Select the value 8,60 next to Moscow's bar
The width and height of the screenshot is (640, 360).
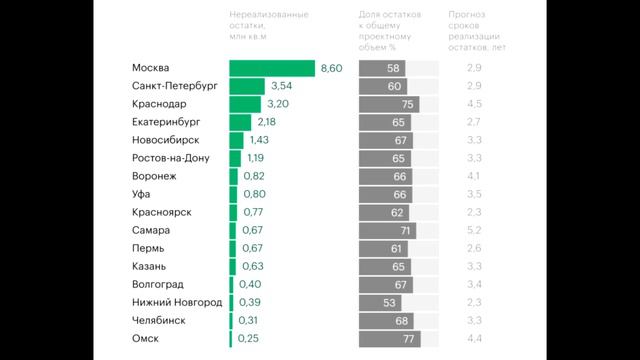(x=332, y=68)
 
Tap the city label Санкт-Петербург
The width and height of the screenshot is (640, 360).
(x=174, y=86)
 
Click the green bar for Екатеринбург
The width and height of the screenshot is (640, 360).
(x=240, y=122)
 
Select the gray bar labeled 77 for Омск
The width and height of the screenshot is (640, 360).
(x=389, y=339)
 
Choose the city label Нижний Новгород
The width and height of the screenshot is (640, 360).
(x=176, y=303)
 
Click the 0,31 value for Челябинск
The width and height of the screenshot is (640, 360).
(x=247, y=321)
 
